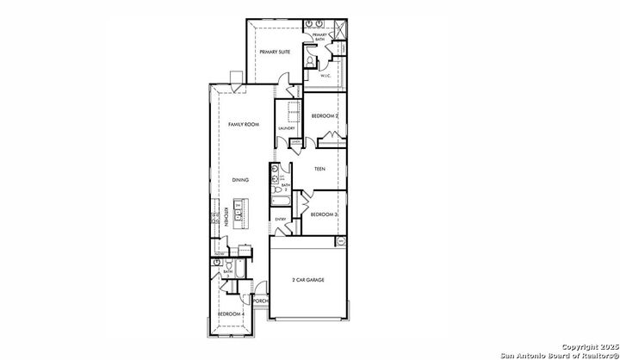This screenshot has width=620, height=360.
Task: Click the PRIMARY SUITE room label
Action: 275,52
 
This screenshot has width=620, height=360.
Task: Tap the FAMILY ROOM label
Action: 244,125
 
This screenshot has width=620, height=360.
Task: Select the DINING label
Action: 241,180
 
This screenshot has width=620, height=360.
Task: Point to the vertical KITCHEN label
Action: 226,217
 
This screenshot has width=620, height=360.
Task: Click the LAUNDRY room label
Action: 287,129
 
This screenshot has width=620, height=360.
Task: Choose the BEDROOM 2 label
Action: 325,115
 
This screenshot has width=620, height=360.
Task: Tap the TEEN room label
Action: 319,169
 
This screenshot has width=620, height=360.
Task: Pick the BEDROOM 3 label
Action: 324,214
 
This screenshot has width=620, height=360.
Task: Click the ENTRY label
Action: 281,219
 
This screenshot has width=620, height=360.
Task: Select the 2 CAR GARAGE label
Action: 308,280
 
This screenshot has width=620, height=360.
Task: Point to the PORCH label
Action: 261,301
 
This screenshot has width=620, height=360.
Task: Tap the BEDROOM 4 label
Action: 231,313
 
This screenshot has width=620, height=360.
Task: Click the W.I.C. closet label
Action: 326,76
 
